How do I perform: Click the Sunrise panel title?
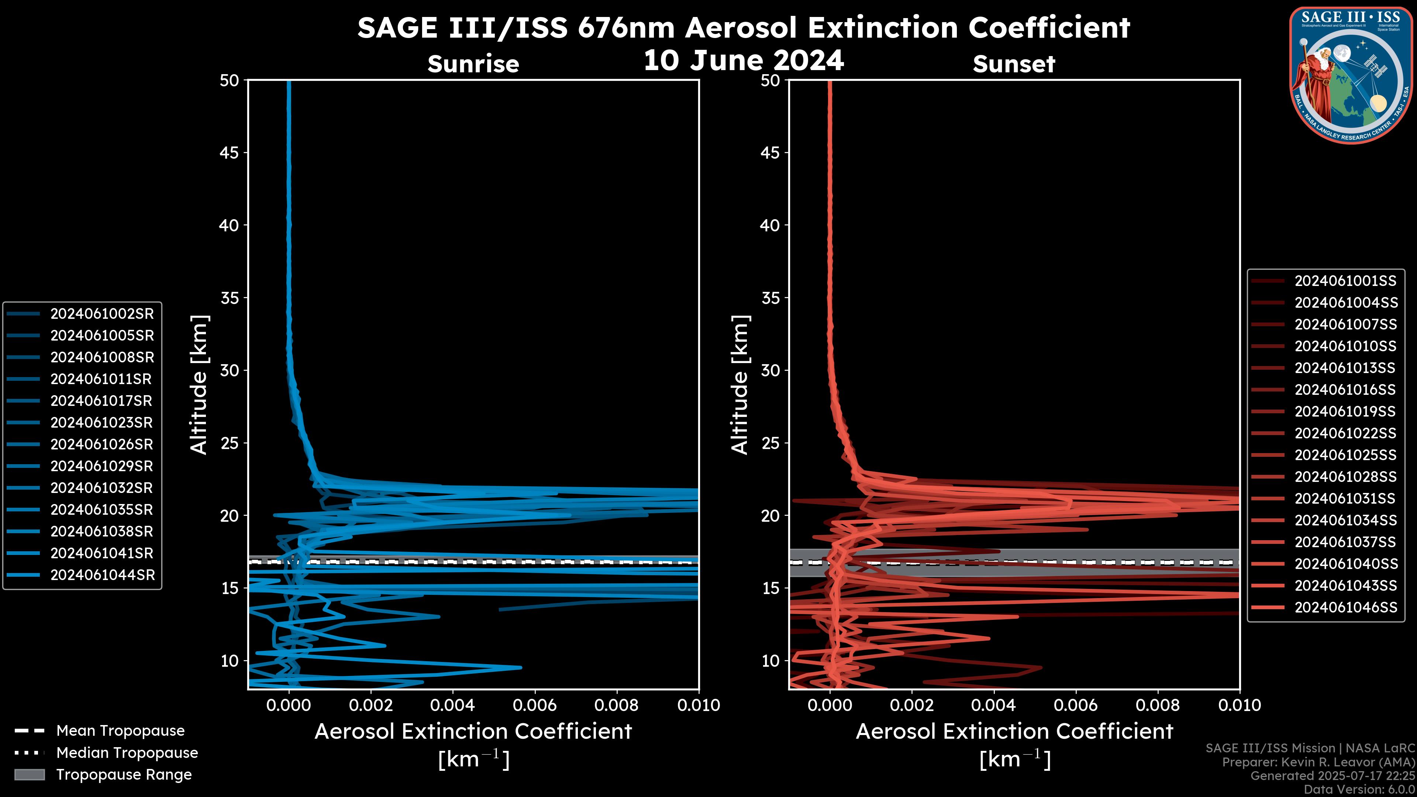click(473, 64)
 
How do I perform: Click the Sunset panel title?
click(1014, 64)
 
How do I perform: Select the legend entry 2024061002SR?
click(102, 314)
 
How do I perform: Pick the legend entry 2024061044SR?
click(102, 575)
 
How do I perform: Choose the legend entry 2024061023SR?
click(102, 423)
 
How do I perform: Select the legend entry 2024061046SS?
click(1345, 607)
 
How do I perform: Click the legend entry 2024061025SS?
click(1345, 455)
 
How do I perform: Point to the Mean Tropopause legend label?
click(120, 731)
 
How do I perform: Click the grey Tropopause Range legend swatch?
click(29, 775)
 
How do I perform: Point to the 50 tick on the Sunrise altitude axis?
click(230, 80)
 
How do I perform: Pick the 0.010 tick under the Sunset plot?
click(1240, 705)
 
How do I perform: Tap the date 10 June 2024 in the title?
click(743, 61)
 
